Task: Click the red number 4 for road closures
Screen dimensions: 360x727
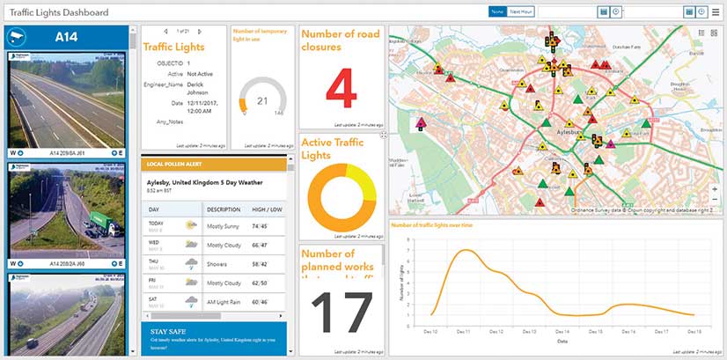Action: [x=340, y=89]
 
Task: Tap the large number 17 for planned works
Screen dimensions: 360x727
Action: [x=340, y=312]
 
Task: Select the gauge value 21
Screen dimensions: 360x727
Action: [x=261, y=100]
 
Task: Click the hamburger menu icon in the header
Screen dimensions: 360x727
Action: [x=716, y=11]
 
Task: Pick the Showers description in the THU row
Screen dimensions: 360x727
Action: [x=219, y=261]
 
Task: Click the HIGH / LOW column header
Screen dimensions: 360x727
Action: [x=268, y=209]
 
